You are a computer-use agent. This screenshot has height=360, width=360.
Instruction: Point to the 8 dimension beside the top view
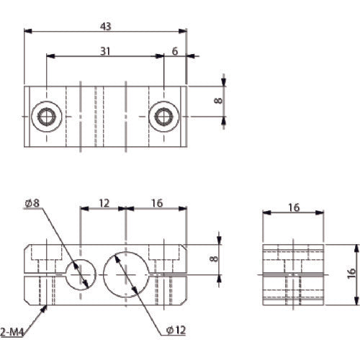[217, 101]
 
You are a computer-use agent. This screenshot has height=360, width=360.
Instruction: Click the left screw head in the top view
[48, 116]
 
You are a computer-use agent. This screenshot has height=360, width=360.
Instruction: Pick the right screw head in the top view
[164, 116]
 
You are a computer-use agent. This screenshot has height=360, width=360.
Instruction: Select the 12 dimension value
[104, 204]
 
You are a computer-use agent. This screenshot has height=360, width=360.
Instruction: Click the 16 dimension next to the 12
[157, 204]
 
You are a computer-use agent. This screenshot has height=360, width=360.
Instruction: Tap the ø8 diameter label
[32, 204]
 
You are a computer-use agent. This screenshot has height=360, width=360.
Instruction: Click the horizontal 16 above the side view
[292, 207]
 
